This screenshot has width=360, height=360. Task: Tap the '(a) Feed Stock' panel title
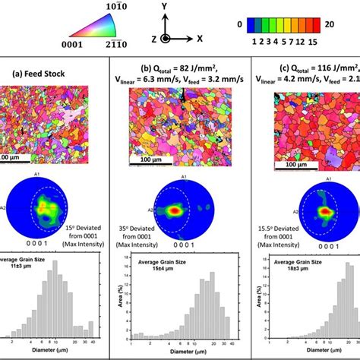pyautogui.click(x=41, y=74)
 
